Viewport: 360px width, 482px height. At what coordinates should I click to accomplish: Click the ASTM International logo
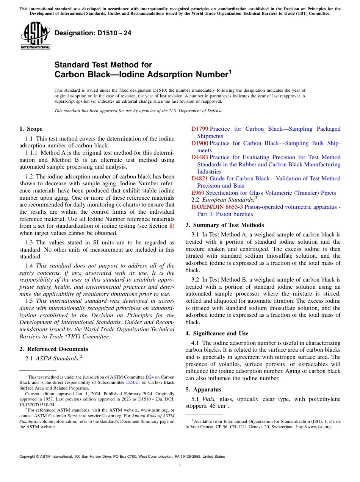click(x=35, y=36)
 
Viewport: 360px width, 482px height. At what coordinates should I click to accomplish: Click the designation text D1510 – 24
click(x=93, y=33)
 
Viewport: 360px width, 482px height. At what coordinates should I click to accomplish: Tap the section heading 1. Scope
click(x=31, y=129)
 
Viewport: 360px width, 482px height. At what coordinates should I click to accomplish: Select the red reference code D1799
click(x=200, y=129)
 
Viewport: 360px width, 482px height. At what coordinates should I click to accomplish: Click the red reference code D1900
click(x=200, y=143)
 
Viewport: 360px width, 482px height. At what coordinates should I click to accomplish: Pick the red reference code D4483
click(x=200, y=157)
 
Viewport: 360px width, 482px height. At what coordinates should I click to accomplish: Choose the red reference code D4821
click(x=200, y=178)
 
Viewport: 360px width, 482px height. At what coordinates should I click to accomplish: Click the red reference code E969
click(x=198, y=193)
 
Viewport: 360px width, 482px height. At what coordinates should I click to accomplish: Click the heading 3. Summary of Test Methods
click(x=225, y=225)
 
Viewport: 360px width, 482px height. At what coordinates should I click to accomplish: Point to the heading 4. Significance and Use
click(x=217, y=333)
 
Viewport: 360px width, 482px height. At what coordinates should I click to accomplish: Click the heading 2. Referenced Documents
click(x=54, y=349)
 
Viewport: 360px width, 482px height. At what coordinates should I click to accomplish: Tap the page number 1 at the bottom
click(x=180, y=466)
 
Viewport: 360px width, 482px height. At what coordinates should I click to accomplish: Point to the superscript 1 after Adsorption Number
click(x=230, y=71)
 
